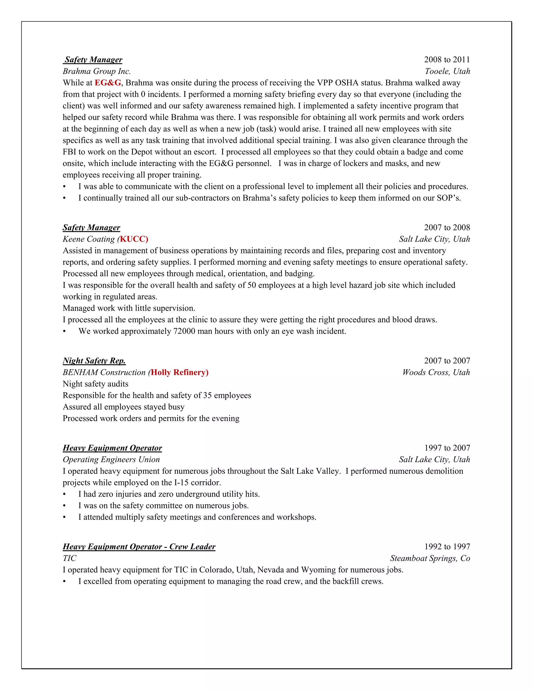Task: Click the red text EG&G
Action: point(108,83)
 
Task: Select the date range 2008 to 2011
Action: point(447,60)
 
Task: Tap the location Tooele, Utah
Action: point(447,71)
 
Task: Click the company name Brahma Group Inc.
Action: point(97,71)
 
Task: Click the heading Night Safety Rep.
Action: point(94,361)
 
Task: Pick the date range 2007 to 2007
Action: point(447,361)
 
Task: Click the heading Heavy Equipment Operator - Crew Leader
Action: point(139,547)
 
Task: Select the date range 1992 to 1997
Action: point(447,547)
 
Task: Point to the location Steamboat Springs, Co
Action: point(430,558)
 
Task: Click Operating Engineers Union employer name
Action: point(111,459)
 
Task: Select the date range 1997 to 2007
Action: point(447,448)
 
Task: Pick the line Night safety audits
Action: point(95,384)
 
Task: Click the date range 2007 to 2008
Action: point(447,228)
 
